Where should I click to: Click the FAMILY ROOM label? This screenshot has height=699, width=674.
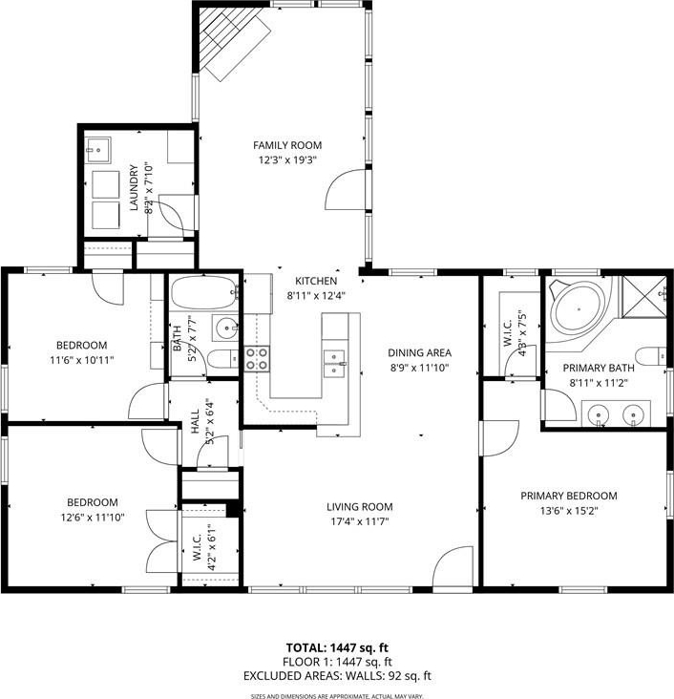[x=287, y=145]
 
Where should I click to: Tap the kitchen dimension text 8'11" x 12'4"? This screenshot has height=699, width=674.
[x=316, y=296]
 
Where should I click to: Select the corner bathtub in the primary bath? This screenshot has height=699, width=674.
[x=578, y=309]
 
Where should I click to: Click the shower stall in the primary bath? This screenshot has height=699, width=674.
[x=643, y=297]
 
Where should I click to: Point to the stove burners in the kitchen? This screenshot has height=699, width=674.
[x=257, y=359]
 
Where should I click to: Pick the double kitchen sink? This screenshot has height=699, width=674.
[x=334, y=364]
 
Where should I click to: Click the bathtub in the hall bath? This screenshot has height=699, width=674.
[x=204, y=292]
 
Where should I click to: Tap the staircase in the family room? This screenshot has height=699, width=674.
[x=234, y=43]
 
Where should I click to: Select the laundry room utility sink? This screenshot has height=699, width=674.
[x=97, y=150]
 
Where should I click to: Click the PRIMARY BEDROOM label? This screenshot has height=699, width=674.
[x=569, y=496]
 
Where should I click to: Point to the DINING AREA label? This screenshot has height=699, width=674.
[x=419, y=352]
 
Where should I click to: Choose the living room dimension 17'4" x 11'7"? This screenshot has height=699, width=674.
[x=359, y=521]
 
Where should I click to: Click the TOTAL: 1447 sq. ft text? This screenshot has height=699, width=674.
[x=337, y=647]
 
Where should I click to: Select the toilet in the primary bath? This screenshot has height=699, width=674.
[x=650, y=356]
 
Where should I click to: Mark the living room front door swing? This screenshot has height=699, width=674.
[x=453, y=566]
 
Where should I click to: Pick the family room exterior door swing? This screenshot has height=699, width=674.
[x=346, y=189]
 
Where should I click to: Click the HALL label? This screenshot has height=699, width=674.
[x=196, y=422]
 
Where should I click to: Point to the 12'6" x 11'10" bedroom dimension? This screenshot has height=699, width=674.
[x=93, y=518]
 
